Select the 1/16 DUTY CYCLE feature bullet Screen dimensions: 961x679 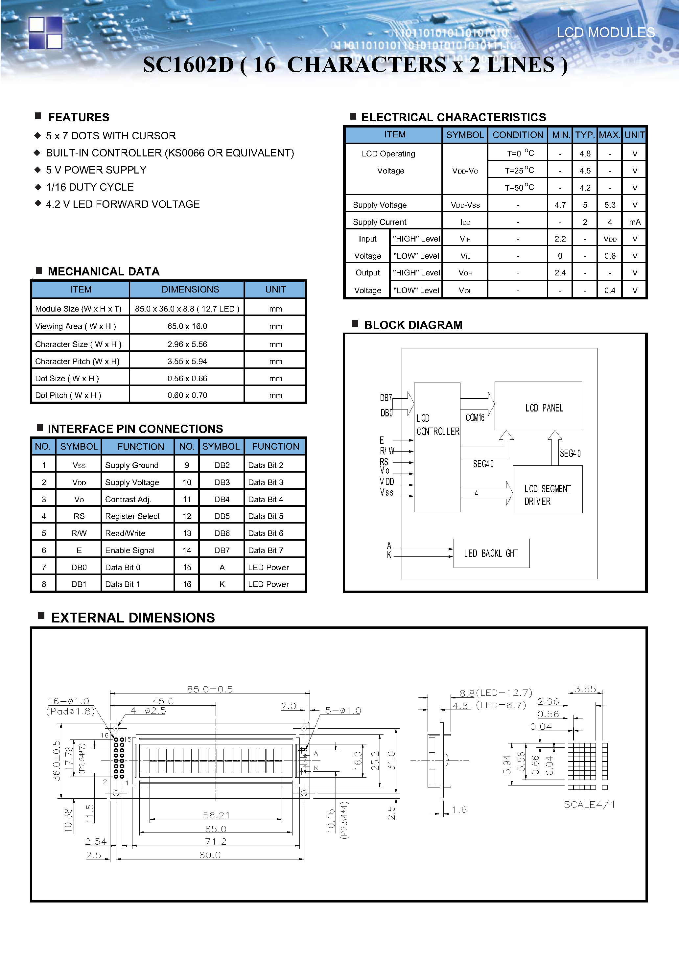coord(90,187)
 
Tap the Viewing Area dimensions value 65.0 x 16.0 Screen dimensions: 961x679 coord(187,326)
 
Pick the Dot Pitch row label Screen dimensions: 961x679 coord(68,395)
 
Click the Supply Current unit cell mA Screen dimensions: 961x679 coord(634,222)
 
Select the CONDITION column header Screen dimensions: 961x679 coord(517,135)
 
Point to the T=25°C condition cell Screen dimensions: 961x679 coord(519,170)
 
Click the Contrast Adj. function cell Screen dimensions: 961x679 coord(128,499)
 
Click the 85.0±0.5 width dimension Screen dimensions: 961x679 coord(210,689)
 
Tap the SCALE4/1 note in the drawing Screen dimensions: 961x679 coord(589,805)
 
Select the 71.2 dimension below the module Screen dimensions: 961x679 coord(216,841)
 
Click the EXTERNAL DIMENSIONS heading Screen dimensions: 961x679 coord(133,618)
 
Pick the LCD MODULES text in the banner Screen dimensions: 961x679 coord(605,33)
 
